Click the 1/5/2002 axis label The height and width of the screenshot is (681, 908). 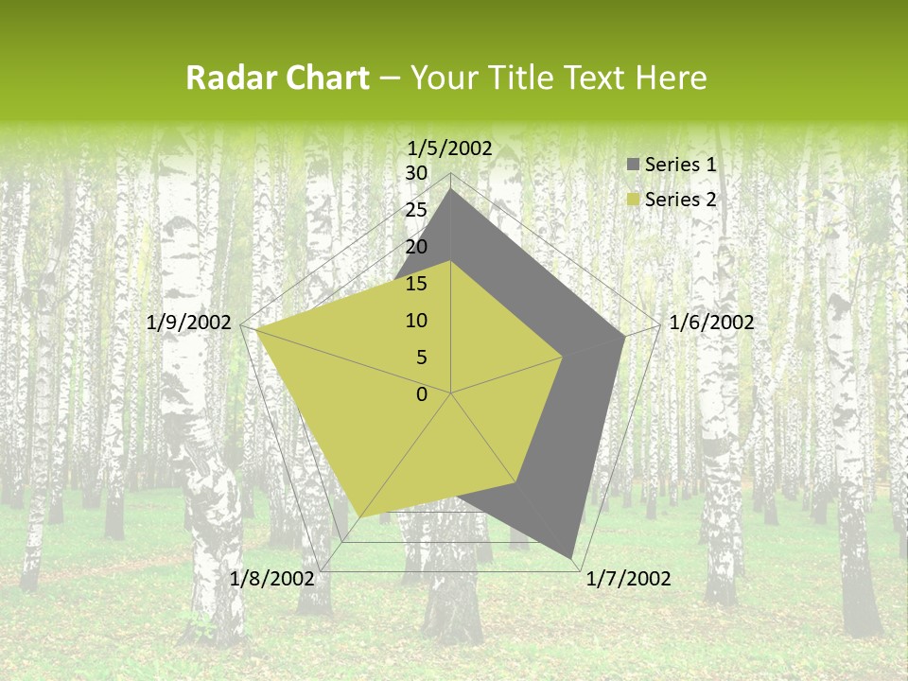[x=449, y=148]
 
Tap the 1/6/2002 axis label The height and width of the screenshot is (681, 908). [x=711, y=323]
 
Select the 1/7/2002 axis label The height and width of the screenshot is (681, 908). [x=628, y=579]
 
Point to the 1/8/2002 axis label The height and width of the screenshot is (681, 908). [x=272, y=579]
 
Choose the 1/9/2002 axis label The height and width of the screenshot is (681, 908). [x=189, y=323]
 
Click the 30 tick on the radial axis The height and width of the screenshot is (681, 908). [x=416, y=173]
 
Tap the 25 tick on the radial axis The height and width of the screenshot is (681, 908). [x=416, y=210]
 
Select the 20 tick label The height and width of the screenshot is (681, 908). [x=416, y=247]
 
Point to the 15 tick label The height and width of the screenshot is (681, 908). [x=416, y=284]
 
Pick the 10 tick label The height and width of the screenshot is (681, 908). [x=416, y=321]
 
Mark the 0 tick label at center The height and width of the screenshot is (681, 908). [x=422, y=394]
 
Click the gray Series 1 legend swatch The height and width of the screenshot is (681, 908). [x=633, y=165]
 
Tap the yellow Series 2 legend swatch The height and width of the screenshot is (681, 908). [x=633, y=200]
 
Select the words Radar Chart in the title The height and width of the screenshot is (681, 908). [x=276, y=79]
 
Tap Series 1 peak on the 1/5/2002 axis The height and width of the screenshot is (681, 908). [x=451, y=190]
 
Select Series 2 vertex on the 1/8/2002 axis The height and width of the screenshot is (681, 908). [x=361, y=517]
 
